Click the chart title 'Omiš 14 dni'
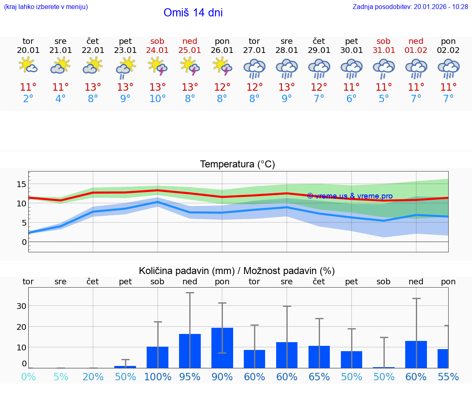(x=193, y=13)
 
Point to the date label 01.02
(x=416, y=50)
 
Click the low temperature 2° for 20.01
(x=28, y=99)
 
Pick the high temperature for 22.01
(x=93, y=87)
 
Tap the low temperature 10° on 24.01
(x=157, y=99)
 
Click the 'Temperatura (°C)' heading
(x=237, y=164)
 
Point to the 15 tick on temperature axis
(x=21, y=184)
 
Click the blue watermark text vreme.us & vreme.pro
(x=350, y=196)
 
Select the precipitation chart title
(x=237, y=271)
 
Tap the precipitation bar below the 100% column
(x=157, y=357)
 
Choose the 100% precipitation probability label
(x=157, y=377)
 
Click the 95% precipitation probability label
(x=190, y=377)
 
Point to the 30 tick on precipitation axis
(x=21, y=306)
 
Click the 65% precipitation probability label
(x=319, y=377)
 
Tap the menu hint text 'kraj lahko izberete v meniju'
(x=46, y=7)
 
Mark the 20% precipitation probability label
(x=93, y=377)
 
